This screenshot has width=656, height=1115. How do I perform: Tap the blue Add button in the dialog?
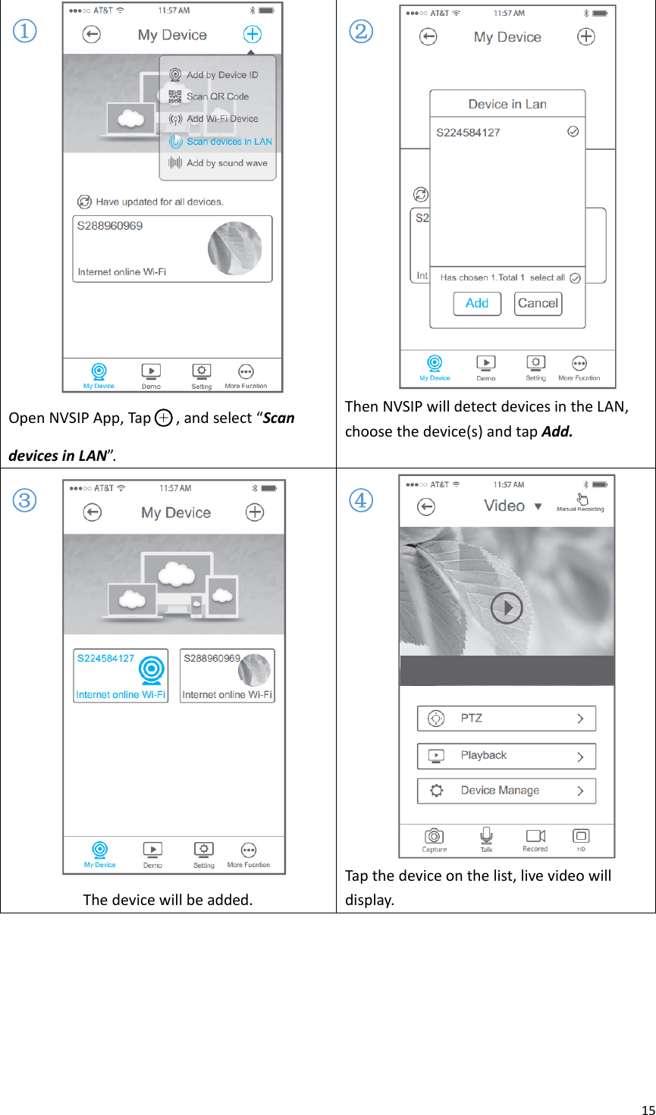coord(477,303)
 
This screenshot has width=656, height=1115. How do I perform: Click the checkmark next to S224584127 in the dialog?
coord(573,132)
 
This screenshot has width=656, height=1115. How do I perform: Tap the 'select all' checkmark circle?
coord(575,278)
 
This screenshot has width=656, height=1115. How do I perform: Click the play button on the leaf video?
coord(507,608)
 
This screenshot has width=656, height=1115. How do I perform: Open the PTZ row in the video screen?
coord(506,719)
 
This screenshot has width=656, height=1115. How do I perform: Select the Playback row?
coord(506,756)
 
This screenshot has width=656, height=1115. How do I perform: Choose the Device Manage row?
coord(506,791)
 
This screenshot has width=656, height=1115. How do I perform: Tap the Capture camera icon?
coord(435,836)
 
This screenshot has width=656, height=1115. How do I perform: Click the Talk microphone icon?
coord(486,835)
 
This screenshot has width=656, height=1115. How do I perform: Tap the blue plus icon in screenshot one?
coord(253,35)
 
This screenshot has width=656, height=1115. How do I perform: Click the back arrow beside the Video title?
coord(427,506)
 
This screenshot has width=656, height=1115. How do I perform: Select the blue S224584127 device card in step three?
coord(121,675)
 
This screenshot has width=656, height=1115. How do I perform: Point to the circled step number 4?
coord(362,500)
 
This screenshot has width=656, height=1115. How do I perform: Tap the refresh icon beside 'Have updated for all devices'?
coord(84,202)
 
